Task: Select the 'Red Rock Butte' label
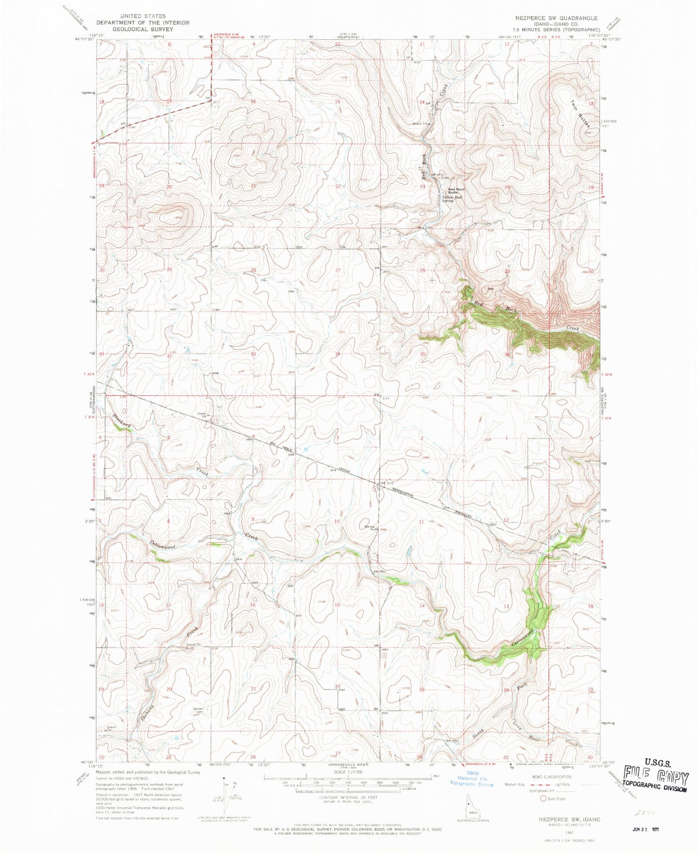(456, 191)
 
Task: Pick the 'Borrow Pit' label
(370, 528)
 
